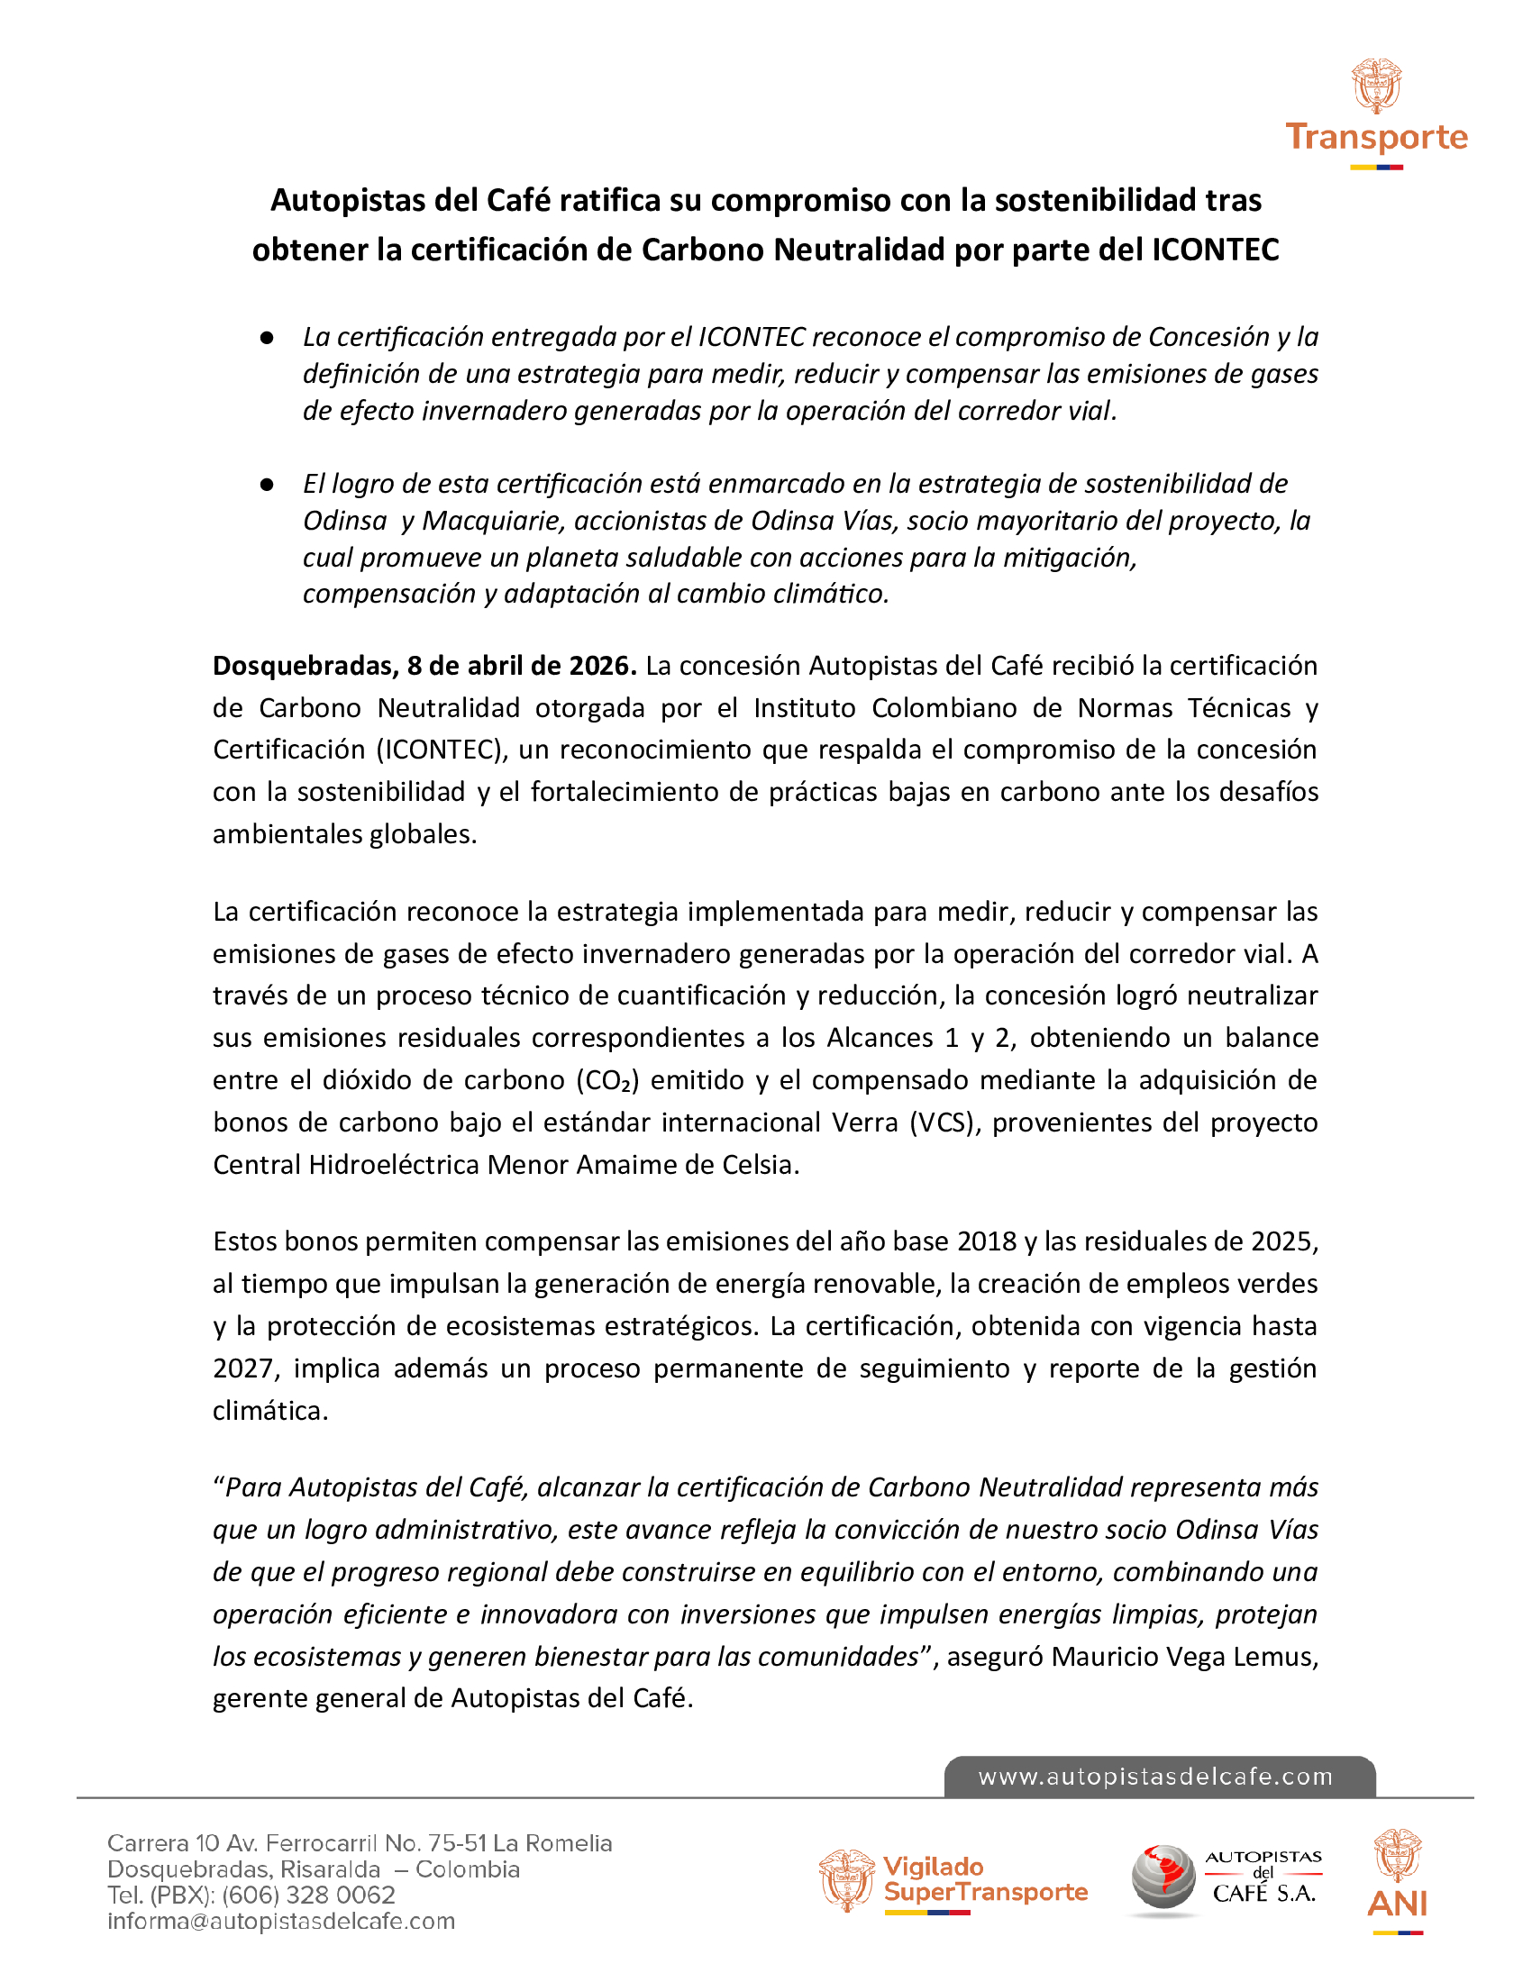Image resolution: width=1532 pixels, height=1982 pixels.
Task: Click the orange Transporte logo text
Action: (1376, 137)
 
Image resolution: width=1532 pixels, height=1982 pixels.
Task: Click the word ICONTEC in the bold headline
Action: (1216, 250)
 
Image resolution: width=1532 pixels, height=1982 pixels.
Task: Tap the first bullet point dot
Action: (267, 338)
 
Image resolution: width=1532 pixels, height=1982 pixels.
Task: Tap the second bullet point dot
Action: (267, 485)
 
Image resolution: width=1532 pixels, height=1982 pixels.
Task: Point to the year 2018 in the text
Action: (987, 1241)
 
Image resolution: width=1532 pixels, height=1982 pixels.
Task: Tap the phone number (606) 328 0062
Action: (308, 1895)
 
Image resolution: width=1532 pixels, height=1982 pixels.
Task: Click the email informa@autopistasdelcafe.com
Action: (281, 1922)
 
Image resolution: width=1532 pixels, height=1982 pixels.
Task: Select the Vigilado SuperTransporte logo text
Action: (984, 1879)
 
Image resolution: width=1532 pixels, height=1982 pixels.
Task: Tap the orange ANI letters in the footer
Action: (1396, 1903)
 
